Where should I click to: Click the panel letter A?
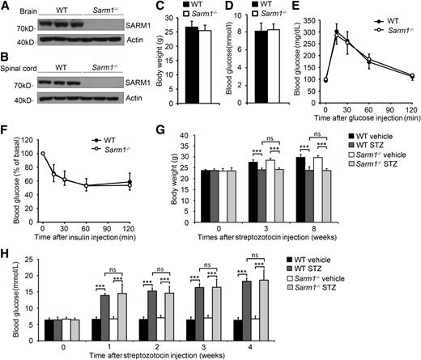pyautogui.click(x=6, y=7)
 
